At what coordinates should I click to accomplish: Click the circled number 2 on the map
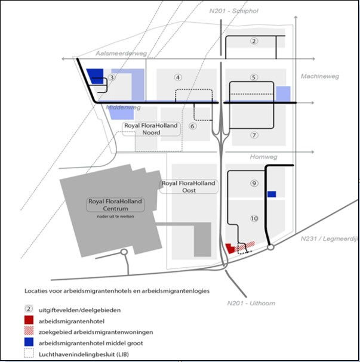[254, 41]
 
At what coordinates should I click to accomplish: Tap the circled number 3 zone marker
[112, 77]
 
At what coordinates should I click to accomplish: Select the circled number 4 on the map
[178, 78]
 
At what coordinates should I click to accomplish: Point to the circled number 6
[192, 126]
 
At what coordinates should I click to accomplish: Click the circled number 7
[254, 135]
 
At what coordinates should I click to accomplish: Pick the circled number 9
[254, 183]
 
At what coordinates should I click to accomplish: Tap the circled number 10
[254, 218]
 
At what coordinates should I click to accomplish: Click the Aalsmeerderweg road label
[121, 54]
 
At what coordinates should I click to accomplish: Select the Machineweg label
[320, 76]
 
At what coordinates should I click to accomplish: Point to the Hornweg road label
[264, 157]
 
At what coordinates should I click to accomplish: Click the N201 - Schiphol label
[233, 11]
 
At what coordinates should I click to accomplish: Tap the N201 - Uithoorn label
[251, 303]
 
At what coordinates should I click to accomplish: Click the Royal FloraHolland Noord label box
[151, 129]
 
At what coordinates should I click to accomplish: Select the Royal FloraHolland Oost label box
[189, 187]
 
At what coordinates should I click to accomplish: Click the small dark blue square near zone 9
[272, 194]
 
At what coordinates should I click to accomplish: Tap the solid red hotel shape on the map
[230, 249]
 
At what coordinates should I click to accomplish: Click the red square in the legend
[29, 320]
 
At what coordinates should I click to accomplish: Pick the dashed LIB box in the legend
[29, 353]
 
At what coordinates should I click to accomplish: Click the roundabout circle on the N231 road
[271, 247]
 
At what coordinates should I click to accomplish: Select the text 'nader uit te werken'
[116, 216]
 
